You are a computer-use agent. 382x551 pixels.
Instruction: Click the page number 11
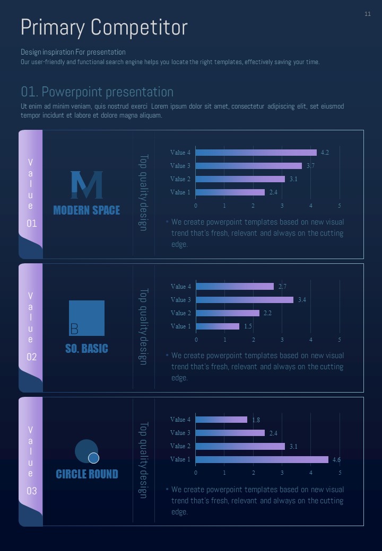click(x=368, y=14)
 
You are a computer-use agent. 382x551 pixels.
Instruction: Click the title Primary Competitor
click(x=104, y=28)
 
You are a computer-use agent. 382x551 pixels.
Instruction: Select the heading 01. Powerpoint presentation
click(x=97, y=92)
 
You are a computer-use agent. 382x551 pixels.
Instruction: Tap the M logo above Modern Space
click(x=86, y=185)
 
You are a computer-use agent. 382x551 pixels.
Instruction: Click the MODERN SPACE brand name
click(x=86, y=210)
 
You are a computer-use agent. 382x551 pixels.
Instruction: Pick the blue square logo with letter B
click(x=86, y=318)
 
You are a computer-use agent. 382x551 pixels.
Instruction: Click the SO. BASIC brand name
click(x=86, y=349)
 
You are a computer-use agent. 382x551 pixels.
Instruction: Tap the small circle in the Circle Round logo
click(x=93, y=458)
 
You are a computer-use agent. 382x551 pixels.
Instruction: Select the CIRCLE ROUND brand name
click(x=87, y=474)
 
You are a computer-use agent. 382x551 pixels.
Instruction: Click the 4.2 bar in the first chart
click(x=256, y=153)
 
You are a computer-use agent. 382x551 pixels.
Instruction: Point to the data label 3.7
click(x=310, y=166)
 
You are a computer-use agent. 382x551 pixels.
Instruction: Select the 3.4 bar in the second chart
click(x=245, y=300)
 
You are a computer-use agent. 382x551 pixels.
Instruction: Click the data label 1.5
click(x=248, y=327)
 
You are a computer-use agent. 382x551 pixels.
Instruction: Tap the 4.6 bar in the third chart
click(x=262, y=459)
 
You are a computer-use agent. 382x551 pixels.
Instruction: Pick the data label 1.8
click(x=256, y=420)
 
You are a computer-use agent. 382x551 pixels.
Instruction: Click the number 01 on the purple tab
click(x=32, y=224)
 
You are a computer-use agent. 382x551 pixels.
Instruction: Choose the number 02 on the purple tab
click(x=32, y=357)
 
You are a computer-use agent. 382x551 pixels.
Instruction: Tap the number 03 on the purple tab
click(x=32, y=491)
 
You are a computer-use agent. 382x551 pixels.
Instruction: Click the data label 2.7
click(x=282, y=287)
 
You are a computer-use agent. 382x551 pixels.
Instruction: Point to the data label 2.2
click(x=267, y=313)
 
